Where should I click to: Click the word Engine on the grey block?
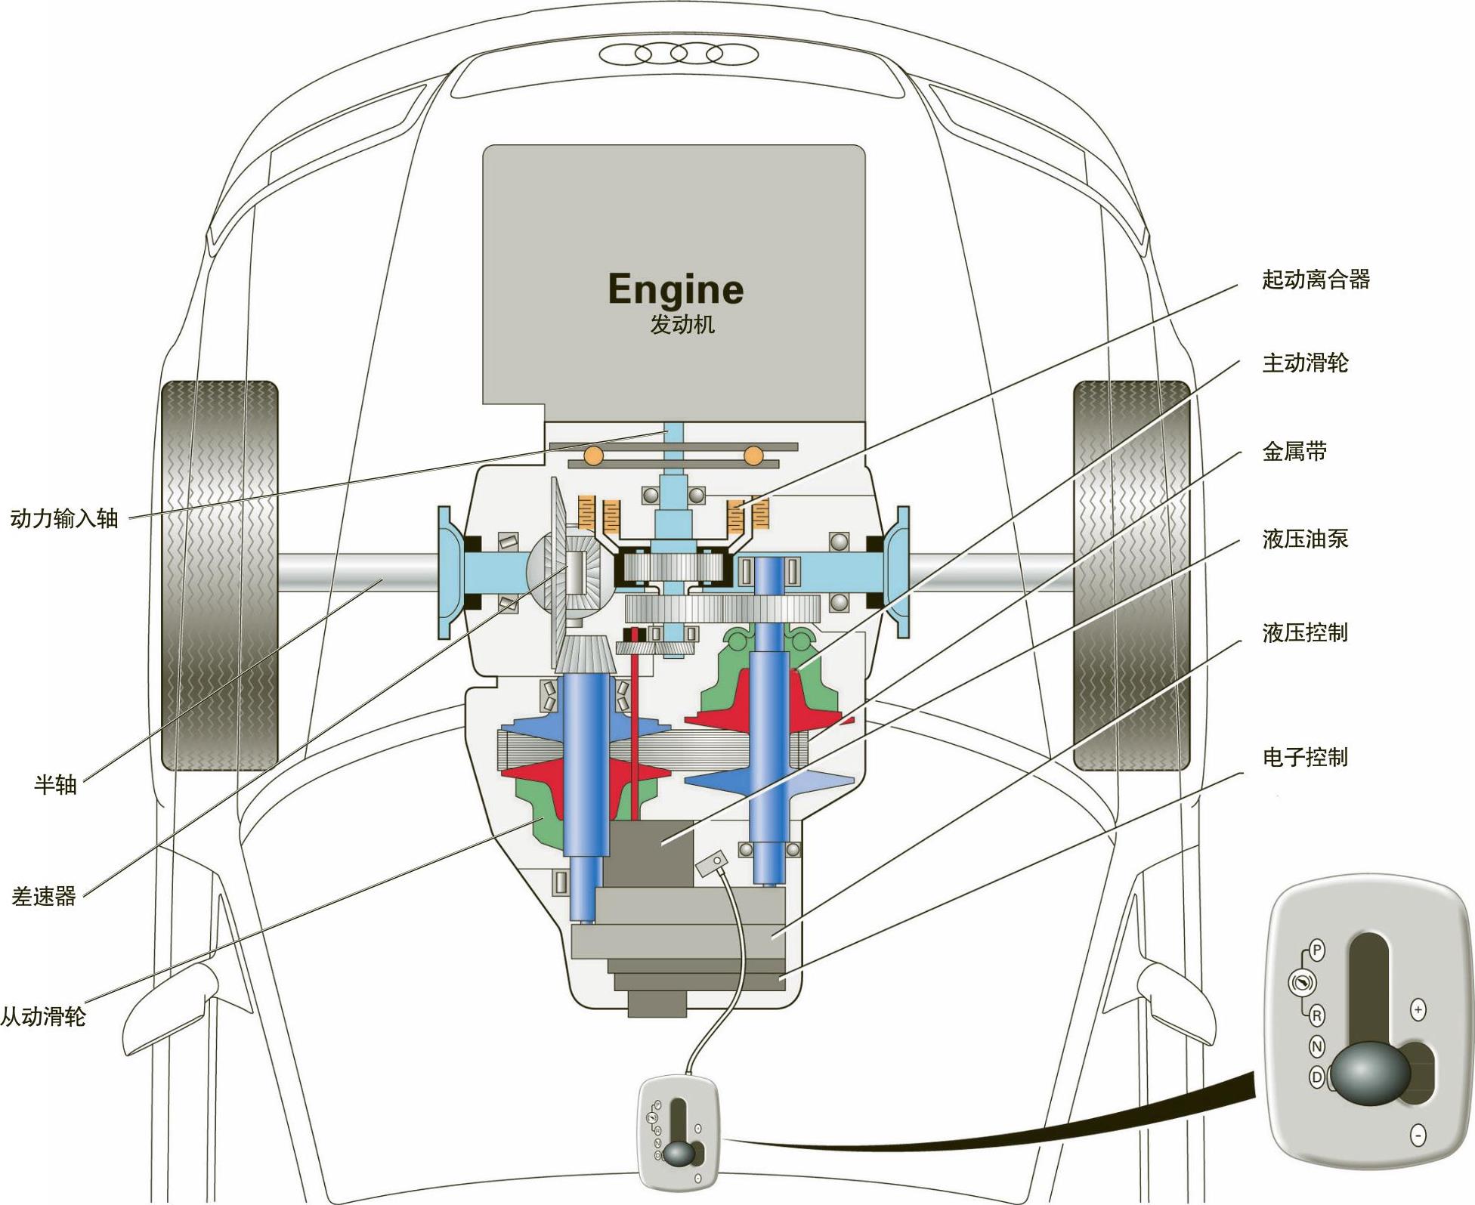click(x=676, y=289)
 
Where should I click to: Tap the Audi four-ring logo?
click(x=678, y=54)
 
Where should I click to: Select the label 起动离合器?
click(x=1316, y=280)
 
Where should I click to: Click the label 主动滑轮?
click(x=1305, y=363)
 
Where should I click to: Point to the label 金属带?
click(x=1294, y=452)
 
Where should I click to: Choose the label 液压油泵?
click(x=1305, y=539)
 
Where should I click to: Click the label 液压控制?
click(x=1305, y=632)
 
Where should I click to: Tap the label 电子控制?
click(x=1305, y=757)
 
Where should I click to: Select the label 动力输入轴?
click(x=64, y=518)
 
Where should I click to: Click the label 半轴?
click(x=55, y=784)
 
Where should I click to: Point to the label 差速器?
click(x=44, y=896)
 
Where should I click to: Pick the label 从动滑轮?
click(x=43, y=1016)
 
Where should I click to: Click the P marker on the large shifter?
click(x=1317, y=950)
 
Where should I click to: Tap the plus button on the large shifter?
click(x=1418, y=1010)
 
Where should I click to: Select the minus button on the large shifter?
click(x=1418, y=1135)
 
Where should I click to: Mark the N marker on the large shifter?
click(x=1316, y=1046)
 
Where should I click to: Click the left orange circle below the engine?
click(x=593, y=456)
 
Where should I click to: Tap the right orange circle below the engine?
click(x=753, y=456)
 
